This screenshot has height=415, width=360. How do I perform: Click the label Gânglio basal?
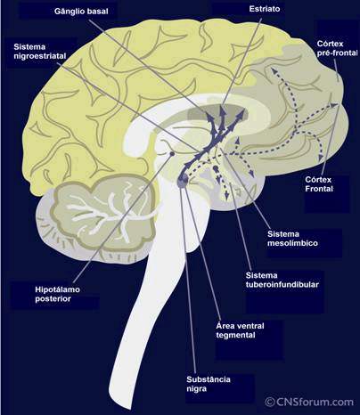coord(81,12)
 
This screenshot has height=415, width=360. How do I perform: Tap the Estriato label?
coord(265,9)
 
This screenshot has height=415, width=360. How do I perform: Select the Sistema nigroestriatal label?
coord(40,52)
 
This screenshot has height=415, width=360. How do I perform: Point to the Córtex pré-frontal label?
coord(337,48)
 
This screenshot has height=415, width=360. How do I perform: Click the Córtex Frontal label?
coord(319,184)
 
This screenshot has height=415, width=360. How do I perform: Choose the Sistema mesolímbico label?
coord(292,239)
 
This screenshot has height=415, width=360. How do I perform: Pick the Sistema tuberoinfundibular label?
coord(282,280)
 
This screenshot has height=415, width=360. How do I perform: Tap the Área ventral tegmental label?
coord(240,330)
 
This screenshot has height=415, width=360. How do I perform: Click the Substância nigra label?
coord(209,384)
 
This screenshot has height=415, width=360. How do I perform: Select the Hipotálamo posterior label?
coord(57,294)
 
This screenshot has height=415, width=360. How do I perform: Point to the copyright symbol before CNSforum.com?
coord(270,403)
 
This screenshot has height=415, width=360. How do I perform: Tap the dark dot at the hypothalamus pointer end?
coord(172,154)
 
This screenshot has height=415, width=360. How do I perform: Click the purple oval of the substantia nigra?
coord(183,180)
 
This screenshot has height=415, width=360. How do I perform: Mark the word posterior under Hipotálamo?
coord(53,298)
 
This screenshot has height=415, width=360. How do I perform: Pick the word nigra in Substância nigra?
coord(196,388)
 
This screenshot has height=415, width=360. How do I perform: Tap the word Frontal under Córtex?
coord(319,189)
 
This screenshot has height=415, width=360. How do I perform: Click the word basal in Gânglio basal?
coord(98,12)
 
